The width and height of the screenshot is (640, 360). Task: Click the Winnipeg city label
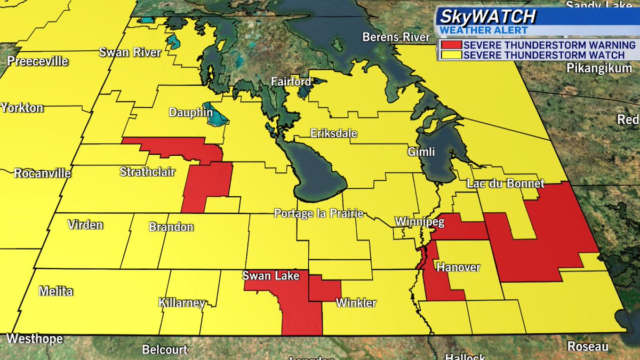419,222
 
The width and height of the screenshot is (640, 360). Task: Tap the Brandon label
171,227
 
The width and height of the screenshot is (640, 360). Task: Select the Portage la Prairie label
318,214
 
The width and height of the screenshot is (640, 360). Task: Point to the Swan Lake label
267,276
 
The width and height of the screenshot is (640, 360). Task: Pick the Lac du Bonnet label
505,183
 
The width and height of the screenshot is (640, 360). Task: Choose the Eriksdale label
334,133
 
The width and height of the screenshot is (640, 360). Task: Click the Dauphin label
190,113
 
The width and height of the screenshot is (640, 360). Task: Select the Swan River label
130,52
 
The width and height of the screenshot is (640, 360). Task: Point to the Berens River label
396,37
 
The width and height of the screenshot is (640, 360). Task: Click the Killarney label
182,303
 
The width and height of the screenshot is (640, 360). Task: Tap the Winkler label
356,303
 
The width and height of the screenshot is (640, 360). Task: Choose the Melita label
55,291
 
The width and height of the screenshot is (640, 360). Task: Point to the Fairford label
291,82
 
